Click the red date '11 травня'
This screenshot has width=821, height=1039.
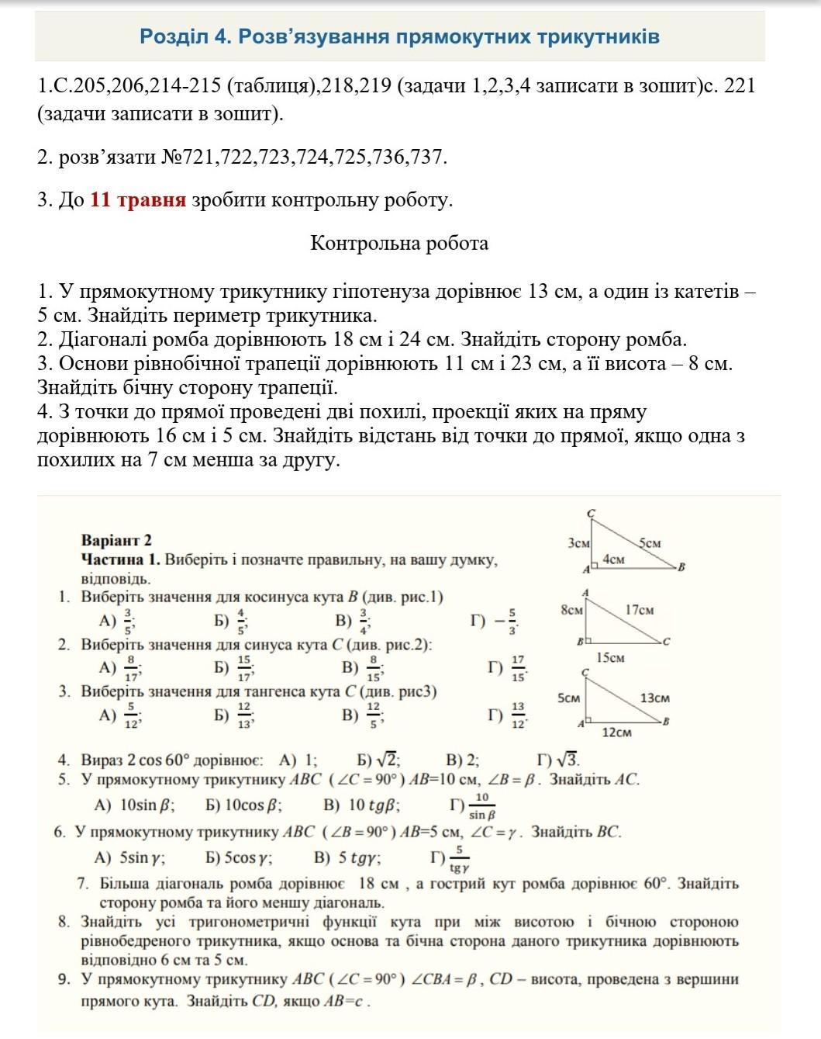coord(138,200)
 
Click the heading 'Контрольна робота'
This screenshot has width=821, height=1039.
coord(399,244)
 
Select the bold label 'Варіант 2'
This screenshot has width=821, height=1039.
coord(116,540)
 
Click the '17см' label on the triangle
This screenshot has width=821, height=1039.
coord(639,610)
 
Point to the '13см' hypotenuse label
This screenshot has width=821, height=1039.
coord(654,698)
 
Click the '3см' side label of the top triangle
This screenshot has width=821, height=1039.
coord(579,543)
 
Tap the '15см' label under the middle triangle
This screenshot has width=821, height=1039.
coord(611,658)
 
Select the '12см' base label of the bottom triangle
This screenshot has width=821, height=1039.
coord(616,732)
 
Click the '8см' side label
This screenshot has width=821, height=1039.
coord(571,610)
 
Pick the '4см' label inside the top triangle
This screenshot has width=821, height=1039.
coord(613,559)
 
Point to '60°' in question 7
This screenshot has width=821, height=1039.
coord(657,883)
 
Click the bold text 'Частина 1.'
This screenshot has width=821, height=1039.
coord(120,559)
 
